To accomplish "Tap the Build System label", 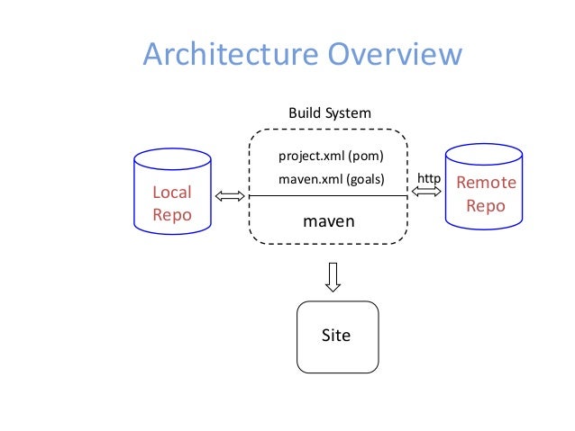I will pos(329,113).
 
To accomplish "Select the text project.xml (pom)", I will pos(331,156).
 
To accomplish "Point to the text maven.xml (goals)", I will pos(331,179).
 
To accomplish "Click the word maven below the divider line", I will pos(328,219).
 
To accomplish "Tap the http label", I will pos(428,179).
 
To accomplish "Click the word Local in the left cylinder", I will pos(171,193).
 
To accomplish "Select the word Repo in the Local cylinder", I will pos(171,215).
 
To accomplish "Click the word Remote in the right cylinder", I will pos(487,183).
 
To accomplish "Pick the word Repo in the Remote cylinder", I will pos(487,205).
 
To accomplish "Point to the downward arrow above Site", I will pos(333,276).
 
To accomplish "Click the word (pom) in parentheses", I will pos(366,156).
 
